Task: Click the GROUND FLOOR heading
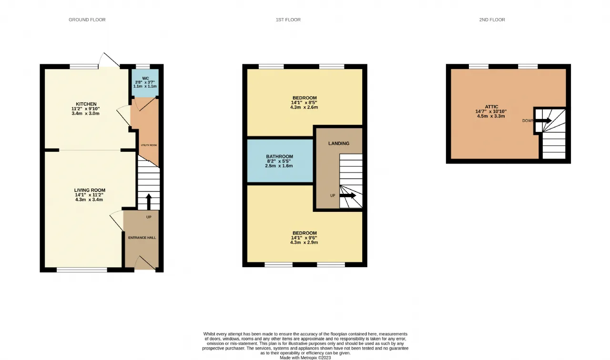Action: (87, 20)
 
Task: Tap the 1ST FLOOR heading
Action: (288, 20)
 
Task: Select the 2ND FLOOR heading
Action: (492, 20)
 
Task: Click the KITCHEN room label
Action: (86, 104)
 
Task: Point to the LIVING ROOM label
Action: (90, 190)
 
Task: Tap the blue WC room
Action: (145, 82)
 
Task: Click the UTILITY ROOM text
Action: (149, 145)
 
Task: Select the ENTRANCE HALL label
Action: (142, 238)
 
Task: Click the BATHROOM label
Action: (279, 157)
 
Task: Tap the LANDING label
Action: (339, 143)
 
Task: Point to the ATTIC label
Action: (491, 107)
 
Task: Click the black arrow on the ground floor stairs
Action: (149, 201)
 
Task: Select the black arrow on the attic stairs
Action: (544, 120)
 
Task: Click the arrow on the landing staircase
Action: (348, 195)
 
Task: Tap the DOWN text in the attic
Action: (528, 120)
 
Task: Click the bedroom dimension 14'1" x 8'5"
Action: (304, 102)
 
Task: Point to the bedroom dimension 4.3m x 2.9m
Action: (304, 242)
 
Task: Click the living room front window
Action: (81, 270)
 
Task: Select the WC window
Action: (142, 66)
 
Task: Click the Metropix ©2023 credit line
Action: (305, 358)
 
